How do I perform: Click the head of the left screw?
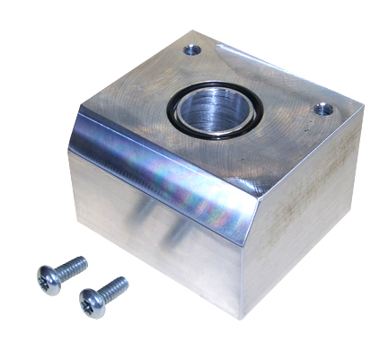48,278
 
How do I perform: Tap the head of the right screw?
92,302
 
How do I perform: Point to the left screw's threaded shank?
73,267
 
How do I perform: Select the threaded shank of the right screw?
114,289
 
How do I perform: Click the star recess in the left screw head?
48,279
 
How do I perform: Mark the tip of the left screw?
84,261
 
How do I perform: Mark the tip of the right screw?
125,282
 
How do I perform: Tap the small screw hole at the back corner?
192,50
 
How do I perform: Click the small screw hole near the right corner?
324,110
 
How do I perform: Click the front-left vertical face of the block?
153,242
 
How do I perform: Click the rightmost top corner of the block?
363,104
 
